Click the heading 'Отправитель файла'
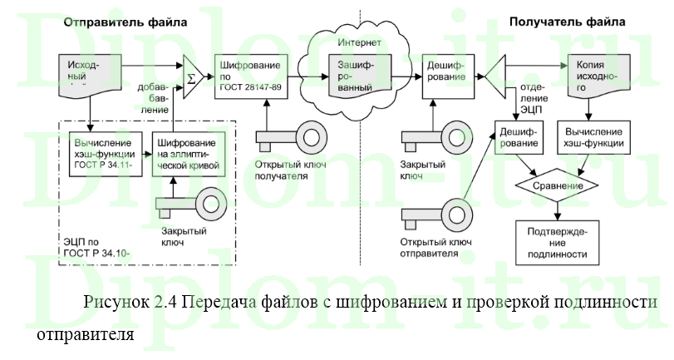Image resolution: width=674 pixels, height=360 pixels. [125, 22]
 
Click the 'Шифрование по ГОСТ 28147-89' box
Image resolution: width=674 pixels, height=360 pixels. [251, 75]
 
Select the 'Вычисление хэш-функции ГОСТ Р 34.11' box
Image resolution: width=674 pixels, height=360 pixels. [104, 153]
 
